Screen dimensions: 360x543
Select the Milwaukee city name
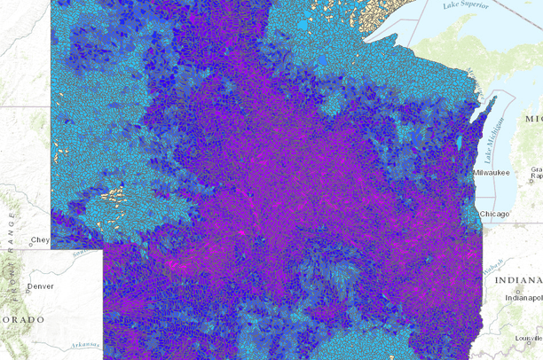pos(492,171)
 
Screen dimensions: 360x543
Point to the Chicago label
pos(494,215)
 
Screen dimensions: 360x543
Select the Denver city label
pos(40,286)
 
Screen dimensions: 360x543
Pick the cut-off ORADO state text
pos(22,319)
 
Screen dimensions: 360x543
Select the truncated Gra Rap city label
pos(536,172)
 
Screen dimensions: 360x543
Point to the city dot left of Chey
pos(27,240)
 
